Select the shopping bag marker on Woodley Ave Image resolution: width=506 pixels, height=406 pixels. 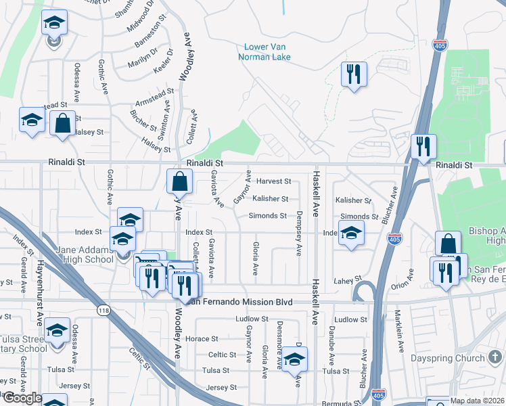point(180,181)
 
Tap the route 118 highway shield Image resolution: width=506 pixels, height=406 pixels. point(102,311)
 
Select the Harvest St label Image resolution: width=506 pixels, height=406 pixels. point(273,181)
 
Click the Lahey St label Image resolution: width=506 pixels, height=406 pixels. point(344,280)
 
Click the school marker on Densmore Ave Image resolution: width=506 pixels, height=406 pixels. point(295,359)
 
